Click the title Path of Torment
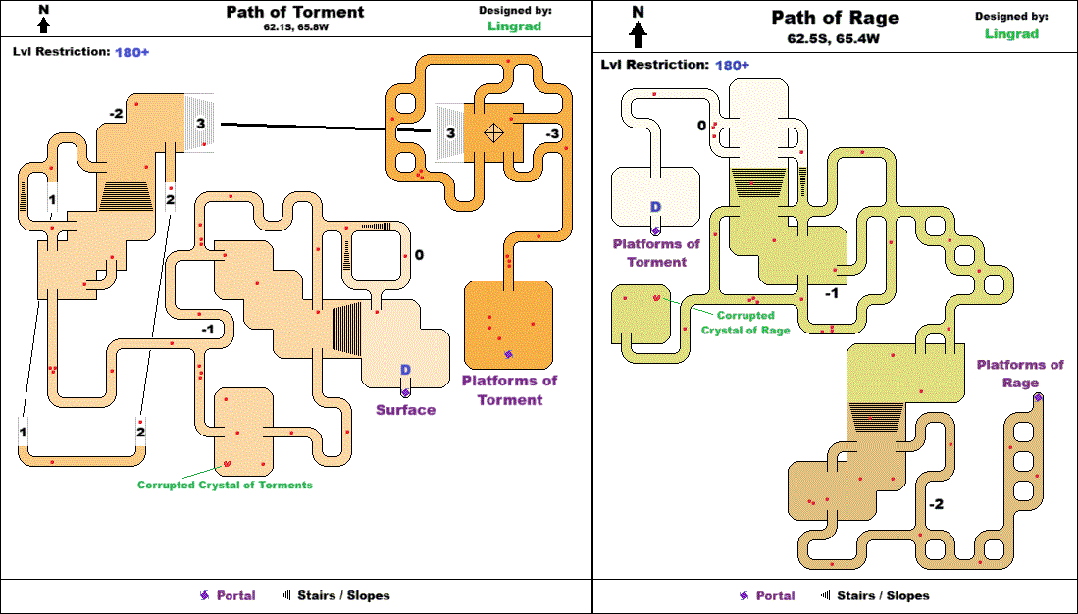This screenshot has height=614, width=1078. tap(295, 12)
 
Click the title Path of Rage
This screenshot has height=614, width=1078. tap(836, 18)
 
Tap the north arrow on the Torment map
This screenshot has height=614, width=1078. tap(44, 20)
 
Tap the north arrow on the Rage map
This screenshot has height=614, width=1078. tap(639, 26)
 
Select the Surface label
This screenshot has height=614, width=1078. tap(406, 410)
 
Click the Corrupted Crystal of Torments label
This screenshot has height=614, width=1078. tap(225, 485)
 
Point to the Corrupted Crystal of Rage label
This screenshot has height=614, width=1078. tap(745, 323)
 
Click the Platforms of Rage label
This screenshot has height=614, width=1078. tap(1020, 374)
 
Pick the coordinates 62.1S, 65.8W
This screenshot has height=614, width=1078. tap(295, 27)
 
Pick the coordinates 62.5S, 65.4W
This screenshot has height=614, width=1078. tap(833, 39)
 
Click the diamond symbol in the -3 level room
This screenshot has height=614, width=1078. tap(494, 132)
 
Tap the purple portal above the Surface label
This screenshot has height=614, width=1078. tap(405, 392)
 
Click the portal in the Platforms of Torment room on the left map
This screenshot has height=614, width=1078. tap(509, 355)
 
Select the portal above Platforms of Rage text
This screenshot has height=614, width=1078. tap(1038, 397)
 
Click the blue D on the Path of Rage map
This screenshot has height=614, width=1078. tap(656, 207)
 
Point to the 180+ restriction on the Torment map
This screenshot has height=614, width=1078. tap(132, 52)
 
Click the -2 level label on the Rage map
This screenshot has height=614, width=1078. tap(936, 505)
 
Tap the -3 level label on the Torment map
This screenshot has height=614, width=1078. tap(553, 134)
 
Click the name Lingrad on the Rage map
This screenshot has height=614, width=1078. tap(1011, 33)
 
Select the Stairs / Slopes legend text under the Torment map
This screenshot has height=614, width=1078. tap(343, 595)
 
